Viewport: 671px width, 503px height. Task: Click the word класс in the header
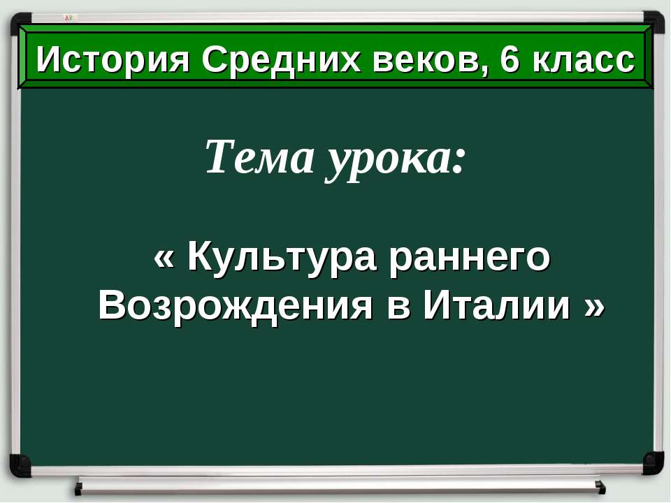point(584,61)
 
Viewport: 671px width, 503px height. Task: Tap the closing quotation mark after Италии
point(593,306)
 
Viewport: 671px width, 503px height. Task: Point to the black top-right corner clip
point(654,21)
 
